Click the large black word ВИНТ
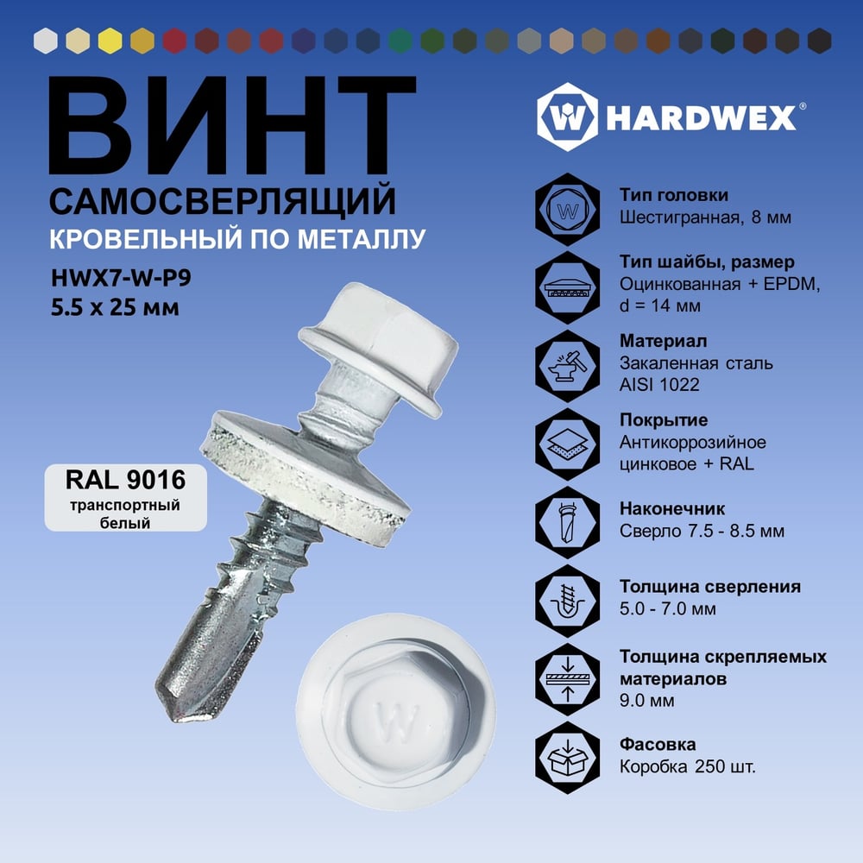coord(231,125)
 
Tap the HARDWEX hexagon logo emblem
coord(567,117)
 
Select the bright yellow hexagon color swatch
coord(110,41)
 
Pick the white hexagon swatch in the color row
coord(45,41)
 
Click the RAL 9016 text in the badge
coord(125,479)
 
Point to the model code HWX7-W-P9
coord(121,278)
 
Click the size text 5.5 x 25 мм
coord(115,307)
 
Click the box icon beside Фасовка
coord(568,758)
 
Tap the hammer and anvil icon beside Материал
coord(568,365)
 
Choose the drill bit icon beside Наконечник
coord(568,522)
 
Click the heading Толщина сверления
coord(710,586)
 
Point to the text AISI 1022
coord(659,384)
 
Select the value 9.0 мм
coord(646,701)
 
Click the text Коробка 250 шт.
coord(688,766)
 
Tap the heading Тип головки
coord(674,195)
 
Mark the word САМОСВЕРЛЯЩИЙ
coord(223,201)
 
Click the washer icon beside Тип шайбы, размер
coord(568,287)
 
